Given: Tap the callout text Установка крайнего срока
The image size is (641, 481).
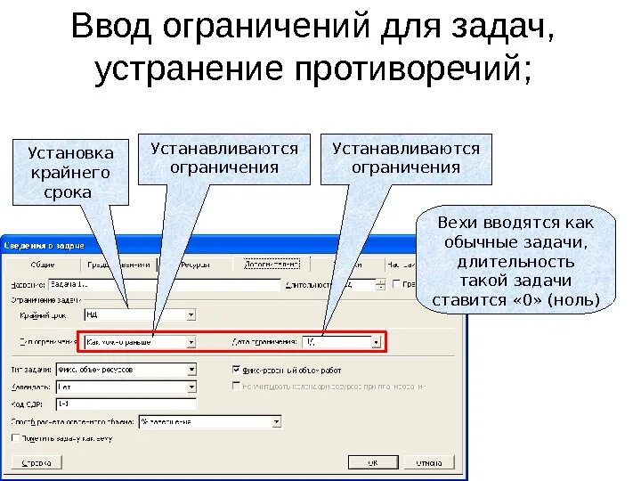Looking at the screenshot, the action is tap(70, 173).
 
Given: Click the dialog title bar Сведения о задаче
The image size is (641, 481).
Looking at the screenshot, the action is tap(45, 244).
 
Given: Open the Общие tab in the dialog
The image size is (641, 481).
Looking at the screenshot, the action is tap(43, 265).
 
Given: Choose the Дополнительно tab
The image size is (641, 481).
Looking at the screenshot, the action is tap(272, 265).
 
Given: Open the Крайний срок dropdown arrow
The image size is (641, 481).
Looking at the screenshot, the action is tap(191, 314).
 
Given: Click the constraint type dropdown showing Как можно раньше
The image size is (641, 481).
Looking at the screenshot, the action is tap(138, 341).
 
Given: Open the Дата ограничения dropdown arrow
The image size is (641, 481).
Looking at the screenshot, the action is tap(377, 341).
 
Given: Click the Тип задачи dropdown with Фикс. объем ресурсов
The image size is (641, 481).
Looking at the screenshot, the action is tap(125, 369).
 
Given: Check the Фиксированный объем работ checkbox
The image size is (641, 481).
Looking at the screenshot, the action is tap(236, 369).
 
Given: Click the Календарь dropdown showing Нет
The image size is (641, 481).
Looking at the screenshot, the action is tap(125, 387).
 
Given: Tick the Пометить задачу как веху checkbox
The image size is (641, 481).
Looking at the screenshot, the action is tap(15, 438).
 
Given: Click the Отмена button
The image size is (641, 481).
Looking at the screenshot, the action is tap(429, 462).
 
